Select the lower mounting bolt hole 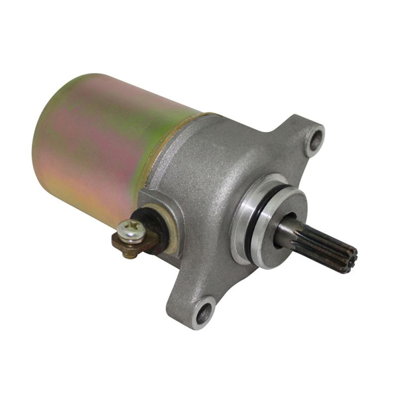click(x=205, y=311)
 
